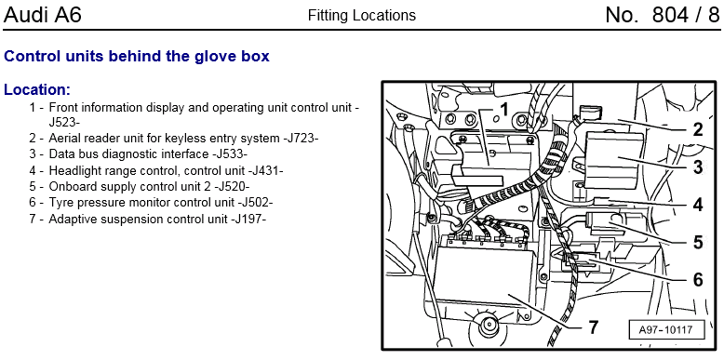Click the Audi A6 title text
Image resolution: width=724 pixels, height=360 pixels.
[43, 15]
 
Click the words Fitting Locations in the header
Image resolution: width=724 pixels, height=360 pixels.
[362, 16]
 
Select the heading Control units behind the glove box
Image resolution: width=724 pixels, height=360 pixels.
[137, 57]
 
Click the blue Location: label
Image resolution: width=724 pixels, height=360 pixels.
[37, 89]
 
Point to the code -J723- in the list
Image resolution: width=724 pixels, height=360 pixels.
[301, 138]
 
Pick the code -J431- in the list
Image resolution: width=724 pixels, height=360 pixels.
[265, 170]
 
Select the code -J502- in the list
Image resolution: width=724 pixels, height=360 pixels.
[255, 203]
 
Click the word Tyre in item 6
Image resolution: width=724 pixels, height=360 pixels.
[60, 203]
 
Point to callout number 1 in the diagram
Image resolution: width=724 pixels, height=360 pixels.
[504, 110]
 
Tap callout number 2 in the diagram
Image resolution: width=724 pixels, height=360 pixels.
[697, 129]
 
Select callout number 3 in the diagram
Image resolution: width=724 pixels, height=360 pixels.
[697, 167]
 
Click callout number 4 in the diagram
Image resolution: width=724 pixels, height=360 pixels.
[697, 205]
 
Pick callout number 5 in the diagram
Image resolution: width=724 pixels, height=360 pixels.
[697, 242]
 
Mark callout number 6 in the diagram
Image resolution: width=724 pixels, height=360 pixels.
[697, 279]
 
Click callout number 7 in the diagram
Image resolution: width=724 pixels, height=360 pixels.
[593, 327]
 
